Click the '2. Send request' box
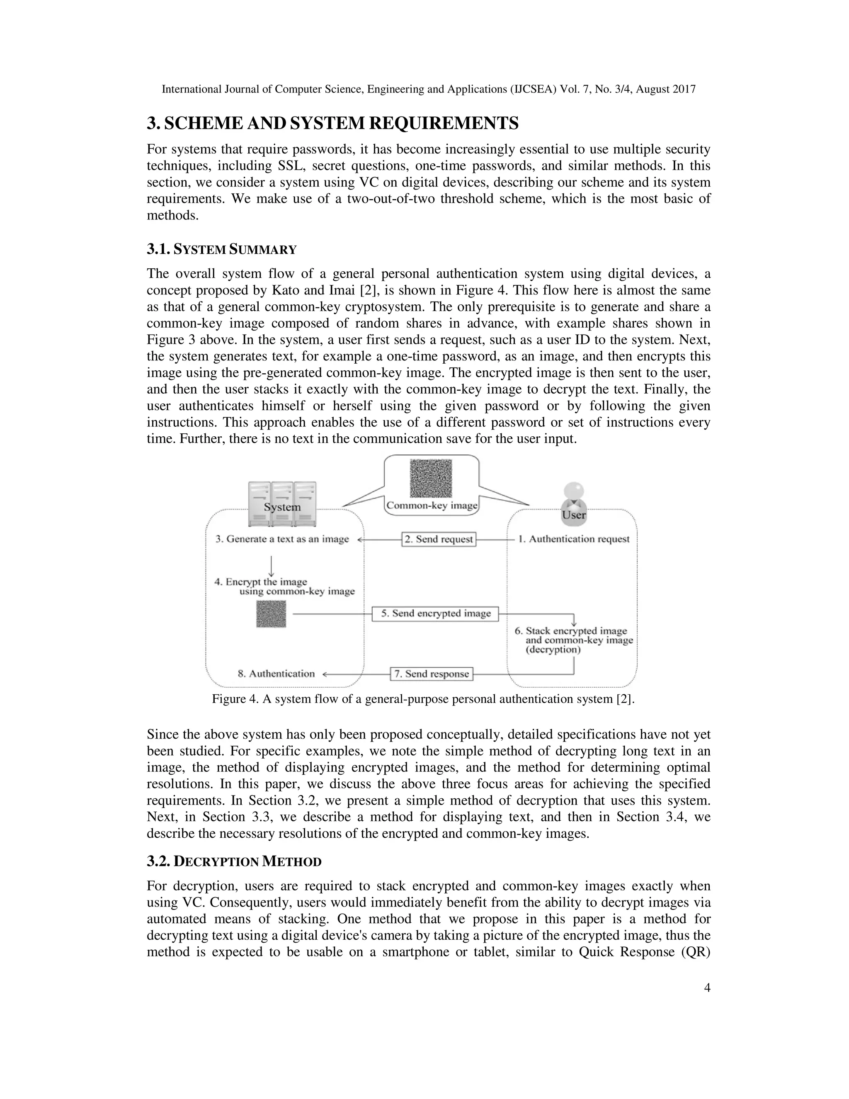pos(439,539)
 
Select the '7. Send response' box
pos(432,674)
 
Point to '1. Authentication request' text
pos(574,539)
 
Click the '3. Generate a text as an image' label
pos(282,539)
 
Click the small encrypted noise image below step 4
pos(271,614)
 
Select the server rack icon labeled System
pos(282,503)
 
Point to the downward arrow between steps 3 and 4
pos(271,566)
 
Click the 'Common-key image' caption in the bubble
pos(432,505)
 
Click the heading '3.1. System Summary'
pos(221,249)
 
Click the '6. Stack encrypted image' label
pos(576,631)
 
